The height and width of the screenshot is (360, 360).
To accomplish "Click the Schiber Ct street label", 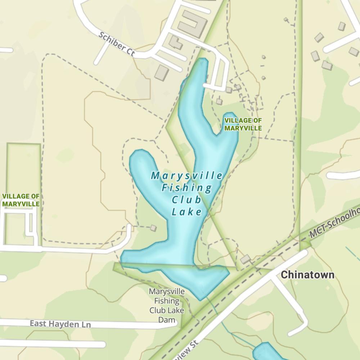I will click(117, 44).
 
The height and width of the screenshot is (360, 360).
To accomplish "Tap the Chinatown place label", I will click(307, 275).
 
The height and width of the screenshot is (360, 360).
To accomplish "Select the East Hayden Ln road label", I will click(60, 324).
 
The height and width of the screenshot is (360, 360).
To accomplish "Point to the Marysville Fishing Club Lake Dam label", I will click(167, 305).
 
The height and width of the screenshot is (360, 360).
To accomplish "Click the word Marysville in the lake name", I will click(187, 176).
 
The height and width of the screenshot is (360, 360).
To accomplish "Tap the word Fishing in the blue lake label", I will click(187, 188).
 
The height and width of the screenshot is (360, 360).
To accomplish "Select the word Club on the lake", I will click(187, 200).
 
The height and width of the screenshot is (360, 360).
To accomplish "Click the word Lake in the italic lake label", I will click(187, 212).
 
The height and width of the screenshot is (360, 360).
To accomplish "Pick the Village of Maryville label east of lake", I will click(243, 124).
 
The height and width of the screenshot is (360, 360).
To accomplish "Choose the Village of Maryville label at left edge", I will click(21, 200).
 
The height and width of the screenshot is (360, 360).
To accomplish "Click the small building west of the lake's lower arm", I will click(153, 228).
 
